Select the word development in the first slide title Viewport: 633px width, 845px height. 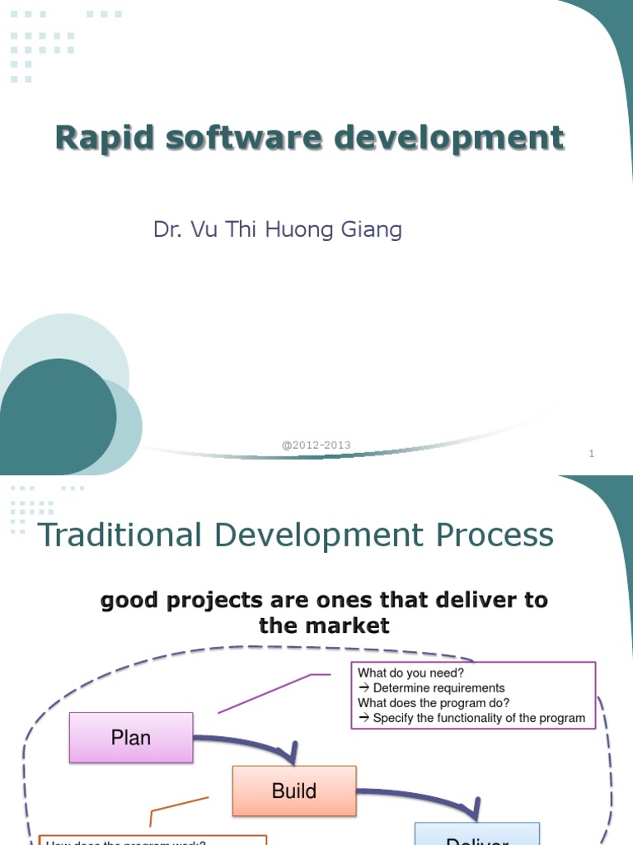click(449, 138)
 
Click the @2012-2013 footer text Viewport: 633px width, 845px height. click(316, 445)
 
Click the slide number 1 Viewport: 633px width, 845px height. click(592, 453)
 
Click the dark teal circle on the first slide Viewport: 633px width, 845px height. click(58, 417)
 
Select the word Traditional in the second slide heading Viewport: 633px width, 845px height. click(120, 536)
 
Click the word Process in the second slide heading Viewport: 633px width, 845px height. click(495, 536)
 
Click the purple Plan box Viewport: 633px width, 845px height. click(131, 738)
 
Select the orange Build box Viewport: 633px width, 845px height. click(294, 791)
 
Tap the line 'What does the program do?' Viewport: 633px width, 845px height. click(434, 703)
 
